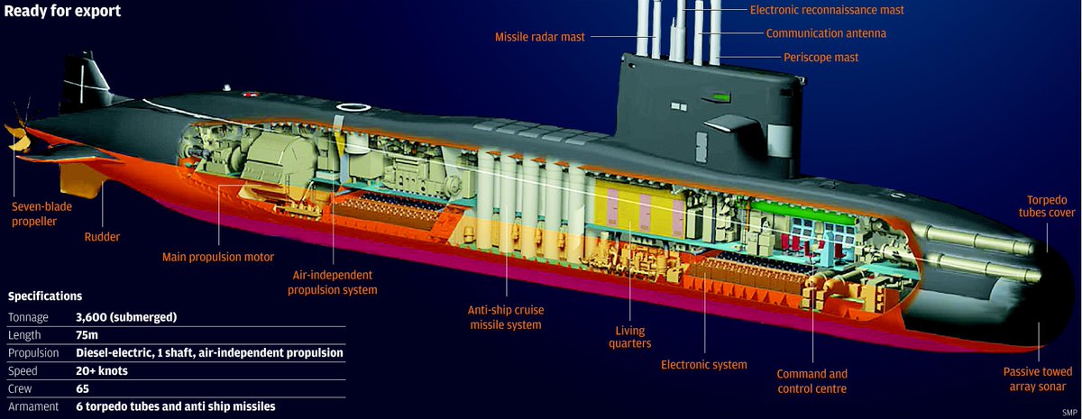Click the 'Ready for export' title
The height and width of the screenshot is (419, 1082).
coord(63,12)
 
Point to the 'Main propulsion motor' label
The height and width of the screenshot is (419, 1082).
coord(217,257)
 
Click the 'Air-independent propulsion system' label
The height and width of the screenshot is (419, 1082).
coord(335,282)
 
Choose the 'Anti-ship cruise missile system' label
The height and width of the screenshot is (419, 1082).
coord(505,316)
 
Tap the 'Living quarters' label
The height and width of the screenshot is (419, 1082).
coord(628,336)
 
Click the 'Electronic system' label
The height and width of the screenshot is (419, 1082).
coord(704,365)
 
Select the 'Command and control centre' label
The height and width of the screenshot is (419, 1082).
coord(812,381)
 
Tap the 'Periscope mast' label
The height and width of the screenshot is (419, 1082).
coord(820,57)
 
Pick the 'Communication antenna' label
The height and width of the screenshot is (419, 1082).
coord(826,33)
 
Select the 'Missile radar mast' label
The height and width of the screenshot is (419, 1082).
coord(540,37)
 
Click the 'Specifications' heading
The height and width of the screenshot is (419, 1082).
coord(45,296)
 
